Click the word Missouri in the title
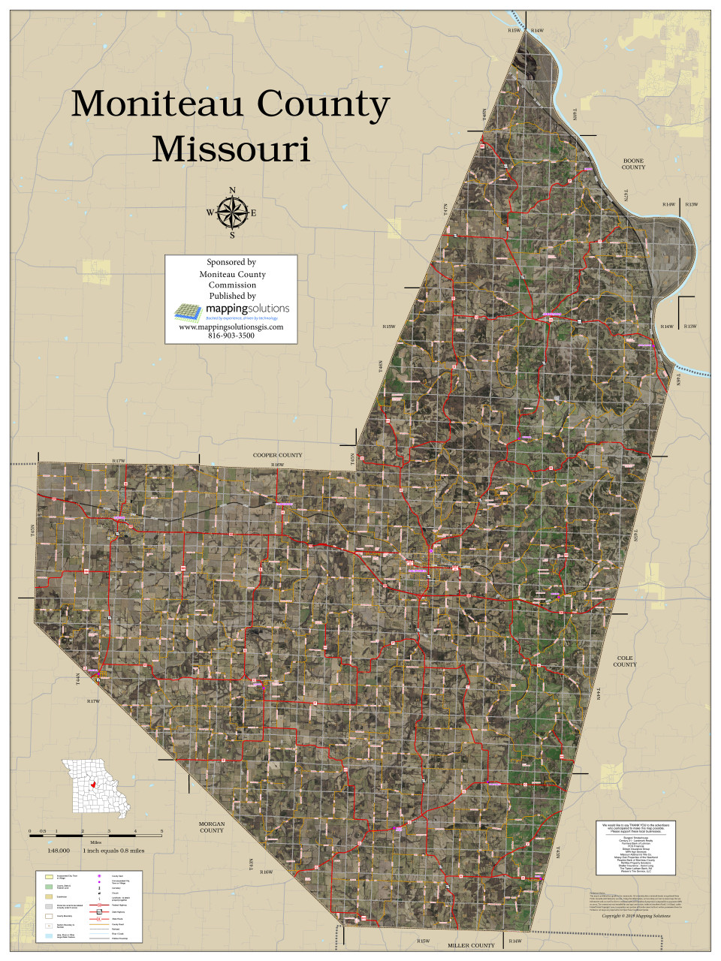231,149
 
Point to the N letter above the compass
232,190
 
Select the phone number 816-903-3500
231,336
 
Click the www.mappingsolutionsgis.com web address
231,327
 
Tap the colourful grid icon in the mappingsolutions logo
184,310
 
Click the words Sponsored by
231,262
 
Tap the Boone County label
633,164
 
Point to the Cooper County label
277,455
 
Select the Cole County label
625,661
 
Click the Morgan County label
212,827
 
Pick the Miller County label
471,945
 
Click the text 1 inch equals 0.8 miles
113,851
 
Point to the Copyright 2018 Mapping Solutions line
636,916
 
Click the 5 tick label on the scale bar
161,831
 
